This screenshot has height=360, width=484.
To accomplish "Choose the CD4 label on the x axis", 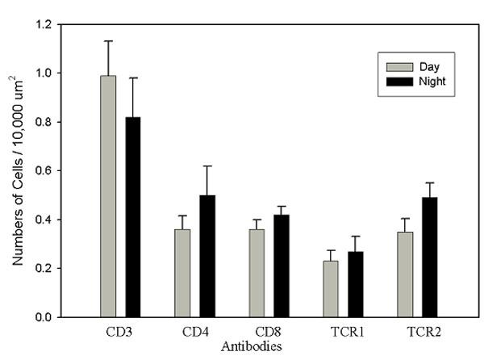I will pyautogui.click(x=195, y=331).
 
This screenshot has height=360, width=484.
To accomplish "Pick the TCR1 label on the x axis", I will pyautogui.click(x=344, y=331).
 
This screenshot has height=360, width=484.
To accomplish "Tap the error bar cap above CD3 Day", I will pyautogui.click(x=108, y=40).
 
